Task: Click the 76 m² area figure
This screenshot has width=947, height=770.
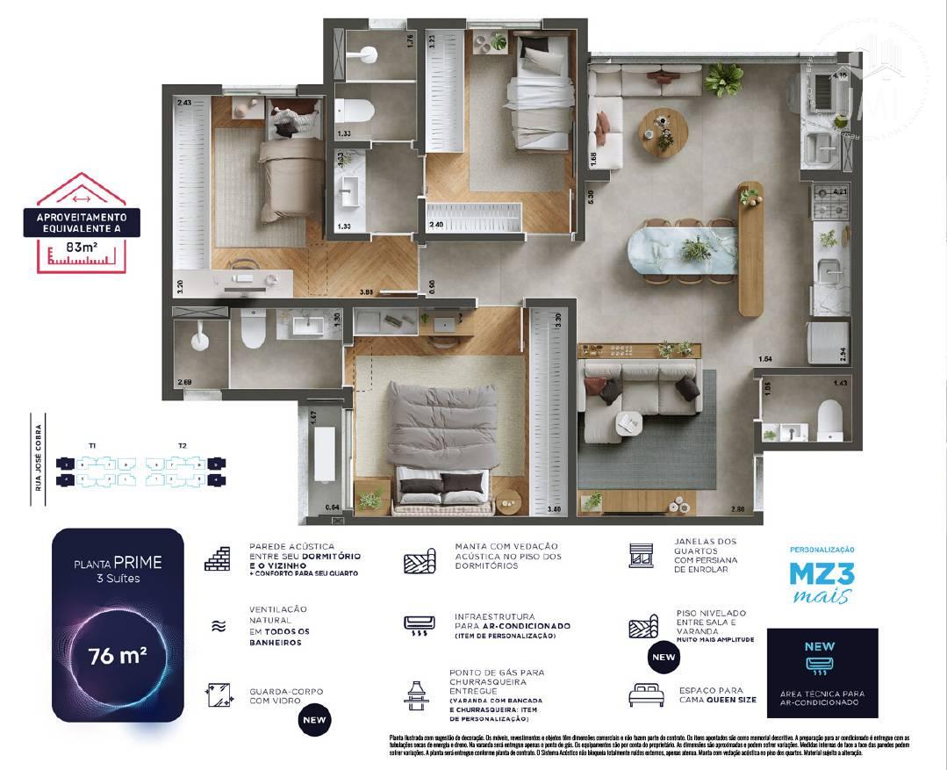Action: click(116, 655)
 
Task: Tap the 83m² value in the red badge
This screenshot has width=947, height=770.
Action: click(84, 248)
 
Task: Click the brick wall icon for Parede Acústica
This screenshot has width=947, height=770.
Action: click(218, 558)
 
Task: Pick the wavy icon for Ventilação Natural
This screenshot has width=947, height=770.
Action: click(217, 626)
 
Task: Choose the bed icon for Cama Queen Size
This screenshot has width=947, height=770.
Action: click(646, 695)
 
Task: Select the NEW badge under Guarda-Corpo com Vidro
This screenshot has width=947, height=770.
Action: click(314, 721)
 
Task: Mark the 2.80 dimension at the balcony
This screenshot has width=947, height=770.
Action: click(736, 509)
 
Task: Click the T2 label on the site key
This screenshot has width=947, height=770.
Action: click(183, 446)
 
